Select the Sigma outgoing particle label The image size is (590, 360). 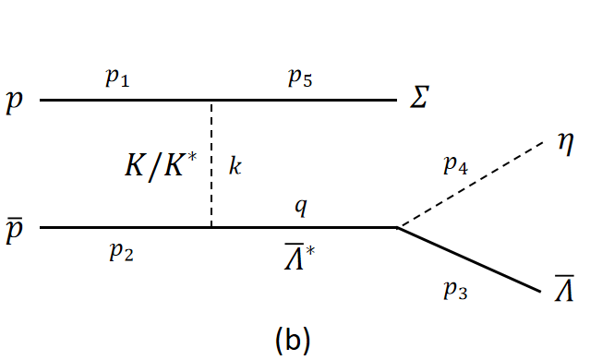pyautogui.click(x=420, y=97)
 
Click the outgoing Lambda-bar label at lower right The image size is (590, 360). pyautogui.click(x=564, y=291)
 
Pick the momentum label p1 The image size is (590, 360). pyautogui.click(x=116, y=79)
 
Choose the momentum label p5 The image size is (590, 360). pyautogui.click(x=300, y=79)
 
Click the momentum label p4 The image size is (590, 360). pyautogui.click(x=455, y=166)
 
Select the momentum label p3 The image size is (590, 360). pyautogui.click(x=455, y=291)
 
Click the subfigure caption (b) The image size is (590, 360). pyautogui.click(x=293, y=340)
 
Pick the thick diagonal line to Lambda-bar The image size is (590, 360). pyautogui.click(x=471, y=260)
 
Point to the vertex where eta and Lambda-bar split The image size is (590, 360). pyautogui.click(x=396, y=226)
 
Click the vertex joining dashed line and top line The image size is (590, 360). pyautogui.click(x=212, y=100)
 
